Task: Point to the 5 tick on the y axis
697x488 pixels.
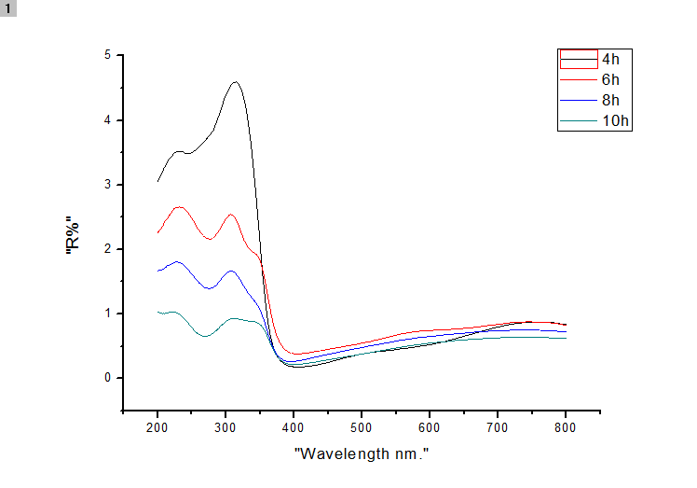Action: point(107,55)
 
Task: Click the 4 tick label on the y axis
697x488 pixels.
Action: point(107,120)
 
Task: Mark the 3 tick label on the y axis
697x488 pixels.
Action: point(107,185)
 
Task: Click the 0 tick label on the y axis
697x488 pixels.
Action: point(107,378)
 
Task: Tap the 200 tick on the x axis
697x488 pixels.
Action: point(157,426)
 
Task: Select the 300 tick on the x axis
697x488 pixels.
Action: point(225,426)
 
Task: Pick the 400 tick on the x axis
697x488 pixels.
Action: point(294,426)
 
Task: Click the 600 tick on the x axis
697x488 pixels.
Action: point(430,426)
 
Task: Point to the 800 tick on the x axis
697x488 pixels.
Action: point(566,426)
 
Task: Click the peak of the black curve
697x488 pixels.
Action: point(235,82)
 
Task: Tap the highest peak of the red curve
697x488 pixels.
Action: point(179,207)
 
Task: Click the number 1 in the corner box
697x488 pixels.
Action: point(9,8)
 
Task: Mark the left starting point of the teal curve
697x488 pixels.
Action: point(158,312)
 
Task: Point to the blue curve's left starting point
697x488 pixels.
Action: point(158,271)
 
